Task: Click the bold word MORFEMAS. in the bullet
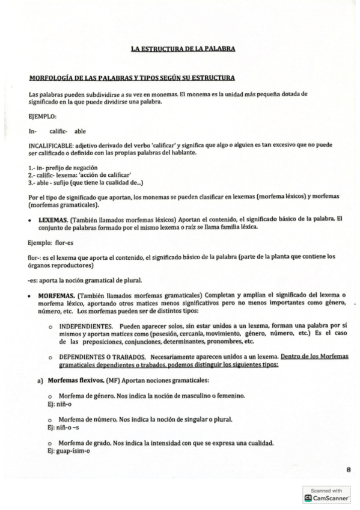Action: pos(53,296)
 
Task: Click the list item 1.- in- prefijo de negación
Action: pos(63,167)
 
